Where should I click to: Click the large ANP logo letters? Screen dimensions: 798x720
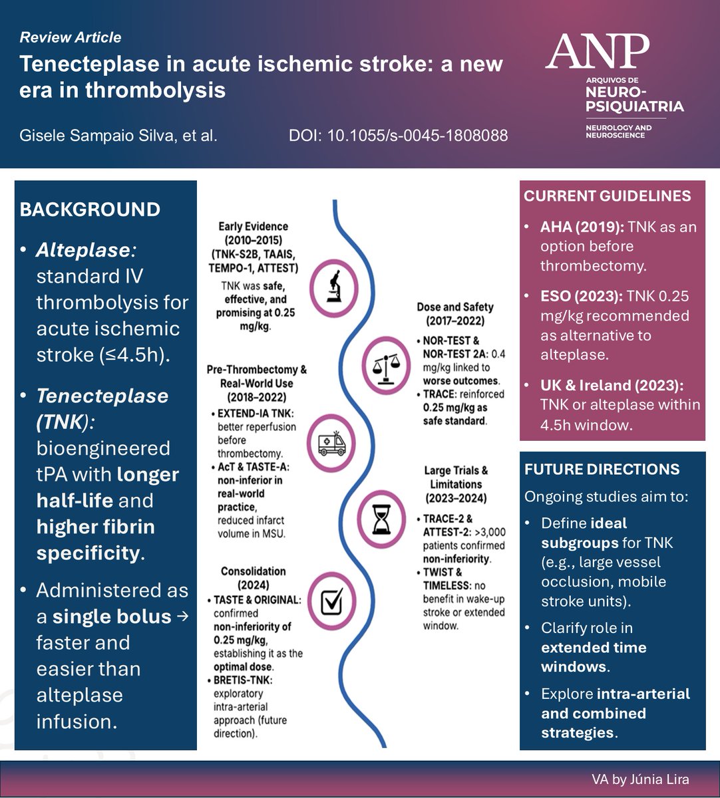pyautogui.click(x=597, y=53)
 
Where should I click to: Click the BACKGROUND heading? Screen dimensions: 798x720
pyautogui.click(x=90, y=209)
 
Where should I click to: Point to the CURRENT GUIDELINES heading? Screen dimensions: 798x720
pyautogui.click(x=608, y=196)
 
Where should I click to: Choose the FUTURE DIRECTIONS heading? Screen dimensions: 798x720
pyautogui.click(x=602, y=469)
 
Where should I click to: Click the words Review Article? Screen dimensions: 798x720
pyautogui.click(x=71, y=37)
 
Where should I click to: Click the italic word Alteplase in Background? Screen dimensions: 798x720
pyautogui.click(x=85, y=250)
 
